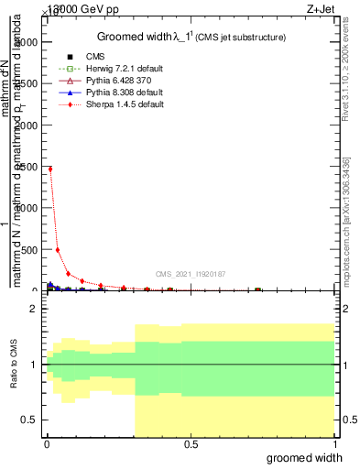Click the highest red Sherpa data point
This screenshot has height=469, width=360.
click(49, 169)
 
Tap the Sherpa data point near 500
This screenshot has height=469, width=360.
click(58, 249)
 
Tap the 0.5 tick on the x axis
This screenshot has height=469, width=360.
click(191, 446)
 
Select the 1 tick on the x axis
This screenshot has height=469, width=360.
click(333, 446)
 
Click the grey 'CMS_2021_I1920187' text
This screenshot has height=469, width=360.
click(191, 274)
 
